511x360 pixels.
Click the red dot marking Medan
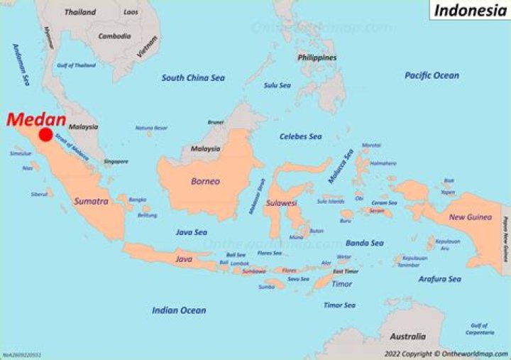(46, 135)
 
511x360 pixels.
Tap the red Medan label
(36, 119)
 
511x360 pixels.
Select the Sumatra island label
(91, 202)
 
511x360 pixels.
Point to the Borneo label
(205, 181)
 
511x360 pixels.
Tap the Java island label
(183, 259)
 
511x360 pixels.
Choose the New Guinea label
(471, 217)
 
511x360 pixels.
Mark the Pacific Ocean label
(432, 75)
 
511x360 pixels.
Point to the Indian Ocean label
(179, 310)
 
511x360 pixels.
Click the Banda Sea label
(364, 243)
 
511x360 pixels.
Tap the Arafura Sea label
(439, 279)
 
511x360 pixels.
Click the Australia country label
(411, 337)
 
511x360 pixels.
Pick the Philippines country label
(317, 58)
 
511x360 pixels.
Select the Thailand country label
(80, 12)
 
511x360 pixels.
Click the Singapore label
(116, 161)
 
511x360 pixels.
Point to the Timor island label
(342, 284)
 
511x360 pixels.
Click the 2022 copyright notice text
(446, 354)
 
